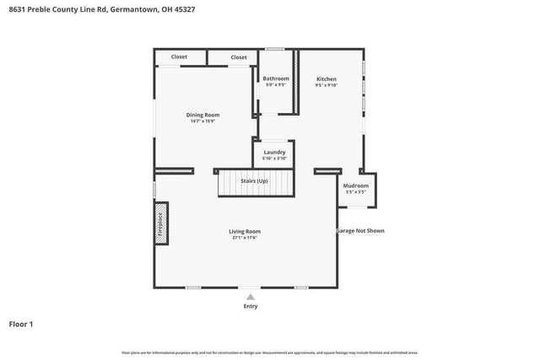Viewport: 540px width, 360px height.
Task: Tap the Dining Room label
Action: (x=202, y=115)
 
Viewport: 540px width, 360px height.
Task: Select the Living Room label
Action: (x=245, y=231)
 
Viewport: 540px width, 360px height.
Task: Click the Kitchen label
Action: (x=327, y=78)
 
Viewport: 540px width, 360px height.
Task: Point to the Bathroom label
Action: (x=276, y=78)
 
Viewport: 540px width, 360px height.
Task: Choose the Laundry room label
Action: (x=274, y=152)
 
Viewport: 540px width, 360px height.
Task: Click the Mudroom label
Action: (x=355, y=185)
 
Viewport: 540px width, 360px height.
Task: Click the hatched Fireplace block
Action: (x=160, y=224)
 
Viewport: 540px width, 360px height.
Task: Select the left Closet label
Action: (x=179, y=57)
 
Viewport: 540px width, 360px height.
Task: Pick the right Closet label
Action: (x=239, y=57)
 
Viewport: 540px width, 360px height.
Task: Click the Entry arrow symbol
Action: (x=250, y=297)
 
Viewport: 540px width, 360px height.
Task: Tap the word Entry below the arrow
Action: (x=250, y=306)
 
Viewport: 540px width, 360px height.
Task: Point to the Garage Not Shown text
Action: (x=361, y=230)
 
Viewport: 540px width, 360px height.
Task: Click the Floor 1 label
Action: (x=21, y=324)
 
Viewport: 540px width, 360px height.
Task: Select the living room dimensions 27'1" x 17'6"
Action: (x=245, y=238)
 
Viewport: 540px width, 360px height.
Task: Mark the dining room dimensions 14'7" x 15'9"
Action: (x=202, y=121)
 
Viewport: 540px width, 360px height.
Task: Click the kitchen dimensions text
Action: (x=327, y=85)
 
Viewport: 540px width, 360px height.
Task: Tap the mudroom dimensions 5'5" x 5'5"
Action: (x=355, y=192)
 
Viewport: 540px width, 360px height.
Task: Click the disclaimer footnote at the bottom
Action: (x=270, y=352)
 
